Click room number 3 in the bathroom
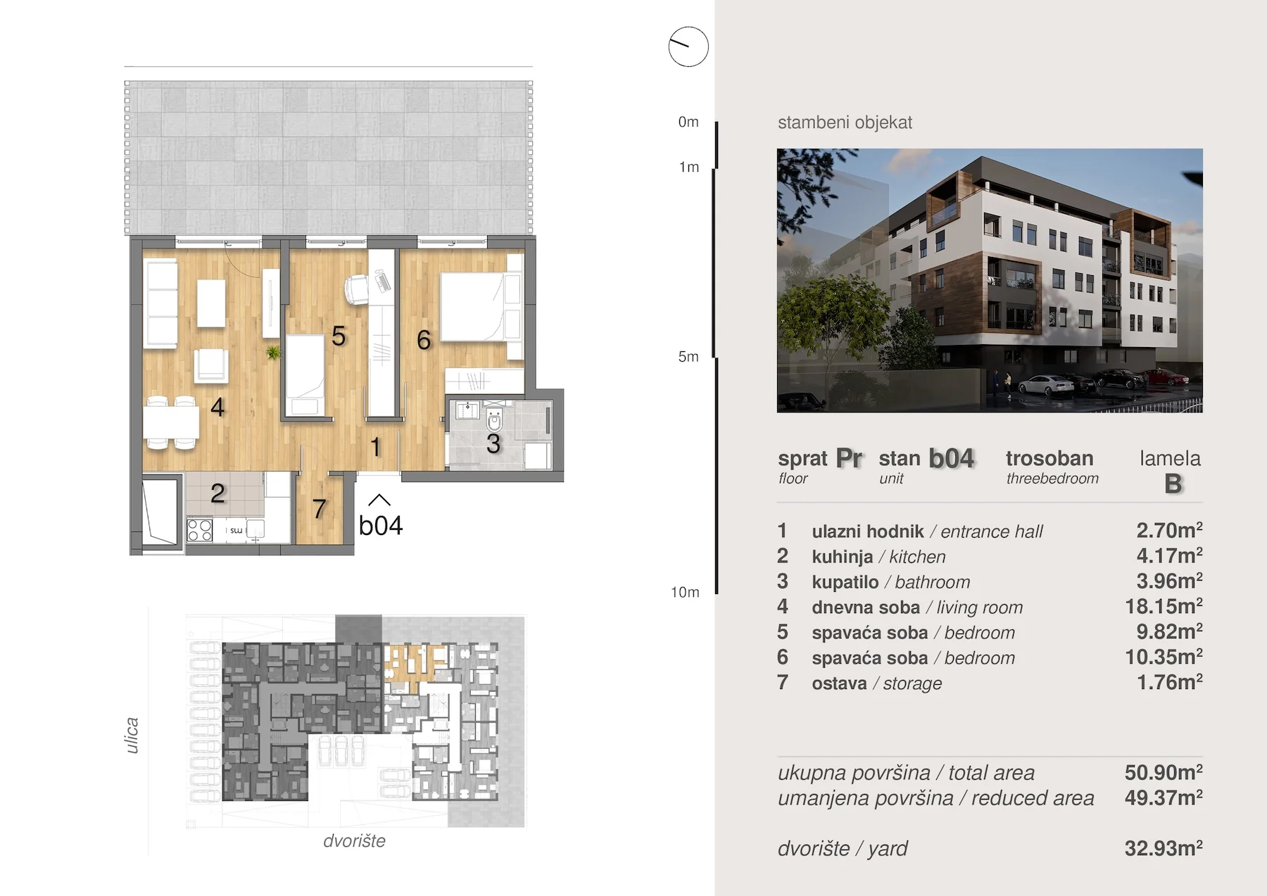(493, 444)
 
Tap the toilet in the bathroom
(494, 419)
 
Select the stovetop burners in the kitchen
(199, 529)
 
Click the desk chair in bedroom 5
(357, 289)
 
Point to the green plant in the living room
(273, 352)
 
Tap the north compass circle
(688, 47)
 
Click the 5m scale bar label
(688, 357)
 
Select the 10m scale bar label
(685, 592)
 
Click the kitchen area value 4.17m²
(1169, 555)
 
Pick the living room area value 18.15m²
(1164, 606)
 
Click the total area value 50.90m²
(1164, 772)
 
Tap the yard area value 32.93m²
(1164, 848)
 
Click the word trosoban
(1049, 458)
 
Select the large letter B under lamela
(1173, 484)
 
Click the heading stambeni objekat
(845, 122)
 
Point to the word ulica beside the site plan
(132, 736)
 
